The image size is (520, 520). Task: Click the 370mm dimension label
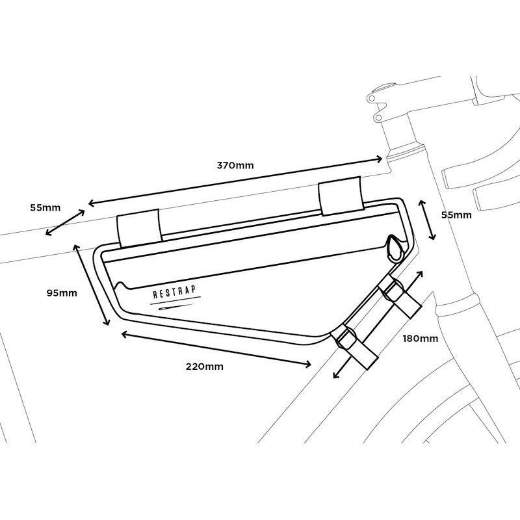(x=235, y=165)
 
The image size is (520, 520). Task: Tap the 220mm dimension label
(x=204, y=367)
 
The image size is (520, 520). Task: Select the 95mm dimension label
(x=62, y=293)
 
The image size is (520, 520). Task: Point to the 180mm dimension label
(x=420, y=339)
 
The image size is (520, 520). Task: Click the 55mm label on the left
(x=45, y=208)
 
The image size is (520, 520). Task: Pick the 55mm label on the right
(x=456, y=215)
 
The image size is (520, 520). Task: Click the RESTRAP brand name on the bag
(x=174, y=292)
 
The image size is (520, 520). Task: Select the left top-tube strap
(x=139, y=228)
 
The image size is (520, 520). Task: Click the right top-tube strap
(x=341, y=196)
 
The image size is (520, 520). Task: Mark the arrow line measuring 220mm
(x=216, y=349)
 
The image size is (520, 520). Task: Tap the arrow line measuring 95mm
(x=91, y=285)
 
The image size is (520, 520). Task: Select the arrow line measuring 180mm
(x=378, y=324)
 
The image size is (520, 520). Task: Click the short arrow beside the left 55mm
(x=65, y=222)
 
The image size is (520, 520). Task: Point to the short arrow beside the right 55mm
(x=427, y=220)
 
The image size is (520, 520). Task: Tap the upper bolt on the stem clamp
(x=372, y=98)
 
